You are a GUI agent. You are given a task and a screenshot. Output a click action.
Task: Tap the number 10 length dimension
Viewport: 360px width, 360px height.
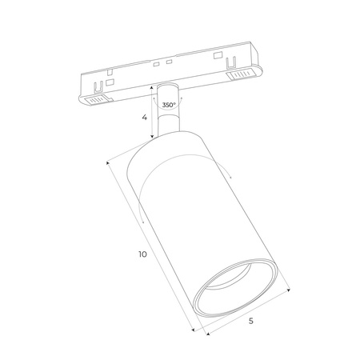142,254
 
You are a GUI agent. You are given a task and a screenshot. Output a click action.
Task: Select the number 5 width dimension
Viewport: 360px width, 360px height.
251,321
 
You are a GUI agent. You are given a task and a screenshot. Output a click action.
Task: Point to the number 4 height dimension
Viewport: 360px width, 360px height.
144,117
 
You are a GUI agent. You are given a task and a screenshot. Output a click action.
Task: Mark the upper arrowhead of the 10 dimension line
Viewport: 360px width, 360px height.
106,162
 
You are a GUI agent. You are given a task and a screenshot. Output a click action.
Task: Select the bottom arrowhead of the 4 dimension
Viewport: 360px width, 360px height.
151,138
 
